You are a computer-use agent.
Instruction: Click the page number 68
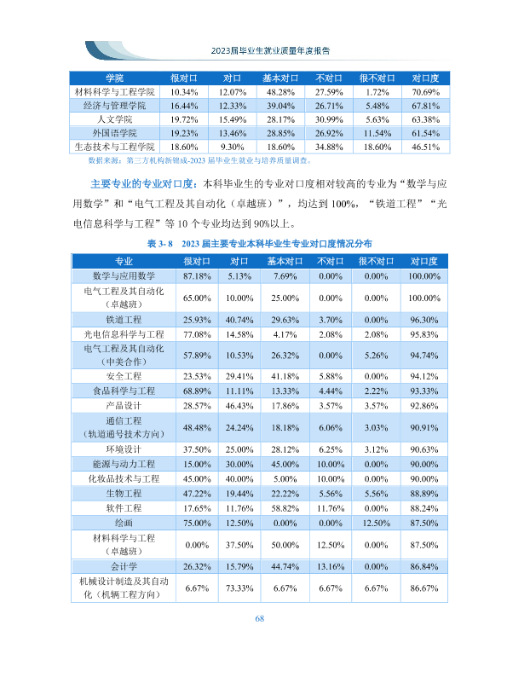tap(259, 618)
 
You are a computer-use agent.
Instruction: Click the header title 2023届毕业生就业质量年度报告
tap(270, 50)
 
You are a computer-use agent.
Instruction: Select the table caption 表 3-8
tap(160, 243)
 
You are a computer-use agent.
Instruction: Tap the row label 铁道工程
tap(124, 320)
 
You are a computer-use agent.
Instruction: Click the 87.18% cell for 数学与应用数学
tap(197, 276)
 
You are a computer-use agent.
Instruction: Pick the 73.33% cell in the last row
tap(239, 588)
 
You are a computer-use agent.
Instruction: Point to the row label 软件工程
tap(124, 508)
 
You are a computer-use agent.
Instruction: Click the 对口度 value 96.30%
tap(424, 320)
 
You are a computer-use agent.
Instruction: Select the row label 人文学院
tap(114, 119)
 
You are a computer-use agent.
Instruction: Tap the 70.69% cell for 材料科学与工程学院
tap(425, 92)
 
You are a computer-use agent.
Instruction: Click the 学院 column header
tap(114, 78)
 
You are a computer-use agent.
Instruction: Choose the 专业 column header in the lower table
tap(124, 261)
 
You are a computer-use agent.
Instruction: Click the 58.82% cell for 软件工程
tap(285, 508)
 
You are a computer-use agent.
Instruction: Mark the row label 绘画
tap(124, 523)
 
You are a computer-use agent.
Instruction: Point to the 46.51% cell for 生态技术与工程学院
tap(425, 147)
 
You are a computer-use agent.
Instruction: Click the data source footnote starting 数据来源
tap(199, 160)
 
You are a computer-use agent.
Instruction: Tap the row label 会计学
tap(124, 566)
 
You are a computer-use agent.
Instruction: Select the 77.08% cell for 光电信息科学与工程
tap(197, 334)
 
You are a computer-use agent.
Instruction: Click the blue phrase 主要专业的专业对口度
tap(143, 183)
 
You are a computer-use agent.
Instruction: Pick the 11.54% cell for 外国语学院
tap(377, 133)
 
